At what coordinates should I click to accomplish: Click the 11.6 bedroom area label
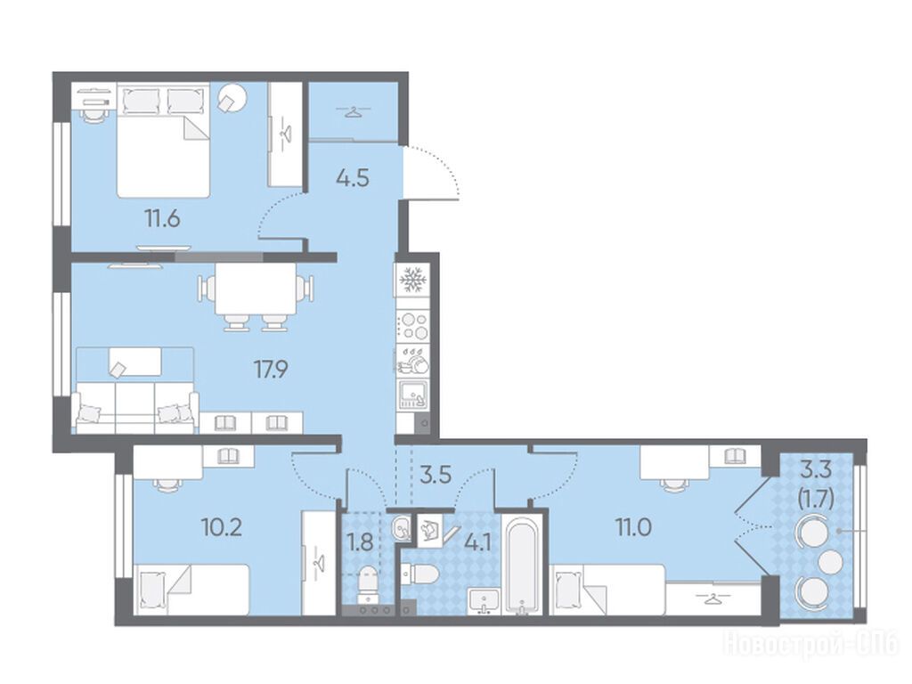162,219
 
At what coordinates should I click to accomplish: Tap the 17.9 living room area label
271,369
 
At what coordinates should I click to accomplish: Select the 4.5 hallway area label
353,177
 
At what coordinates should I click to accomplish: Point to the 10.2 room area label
221,527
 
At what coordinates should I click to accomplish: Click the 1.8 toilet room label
360,542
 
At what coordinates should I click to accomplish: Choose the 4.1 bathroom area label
478,542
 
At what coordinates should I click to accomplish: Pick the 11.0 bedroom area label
634,527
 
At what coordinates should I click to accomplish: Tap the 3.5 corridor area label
436,475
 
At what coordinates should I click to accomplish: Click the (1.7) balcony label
816,499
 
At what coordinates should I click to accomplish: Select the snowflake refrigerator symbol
413,281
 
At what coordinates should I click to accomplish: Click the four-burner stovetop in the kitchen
413,326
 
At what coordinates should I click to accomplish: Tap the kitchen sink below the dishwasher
413,395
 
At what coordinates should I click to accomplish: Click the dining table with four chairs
256,297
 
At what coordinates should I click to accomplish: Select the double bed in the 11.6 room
163,140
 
